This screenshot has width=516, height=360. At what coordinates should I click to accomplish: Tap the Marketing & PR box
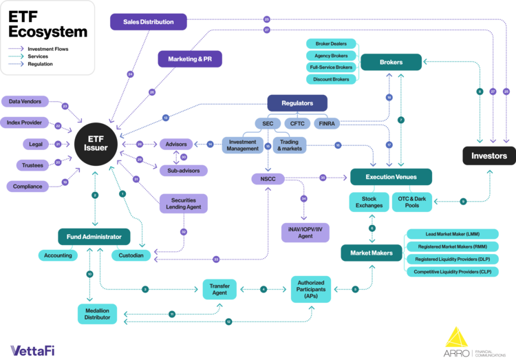point(191,59)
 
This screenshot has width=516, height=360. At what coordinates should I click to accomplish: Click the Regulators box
point(297,103)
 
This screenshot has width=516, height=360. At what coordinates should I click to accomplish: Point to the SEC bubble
point(268,124)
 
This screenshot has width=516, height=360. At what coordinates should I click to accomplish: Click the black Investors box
point(488,156)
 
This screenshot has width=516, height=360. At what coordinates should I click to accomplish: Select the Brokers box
point(391,62)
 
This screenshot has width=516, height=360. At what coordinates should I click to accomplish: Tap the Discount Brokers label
point(332,79)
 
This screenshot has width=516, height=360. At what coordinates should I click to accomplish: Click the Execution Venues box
point(391,178)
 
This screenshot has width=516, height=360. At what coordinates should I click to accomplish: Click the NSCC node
point(268,180)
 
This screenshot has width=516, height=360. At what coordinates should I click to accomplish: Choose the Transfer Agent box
point(219,288)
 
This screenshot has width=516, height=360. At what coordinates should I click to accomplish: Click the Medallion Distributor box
point(96,313)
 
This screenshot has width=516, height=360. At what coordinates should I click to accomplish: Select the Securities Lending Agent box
point(183,203)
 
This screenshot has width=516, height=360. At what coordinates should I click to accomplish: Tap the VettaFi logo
point(32,350)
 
